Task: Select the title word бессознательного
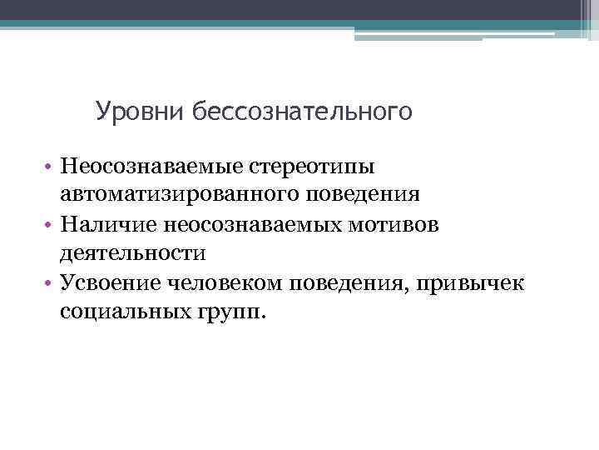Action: click(x=302, y=111)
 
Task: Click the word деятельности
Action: click(x=131, y=252)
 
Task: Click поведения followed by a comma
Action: click(x=352, y=281)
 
